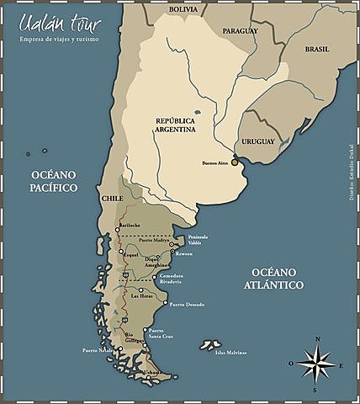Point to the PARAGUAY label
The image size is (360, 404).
[241, 30]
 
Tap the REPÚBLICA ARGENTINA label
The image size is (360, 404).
[176, 125]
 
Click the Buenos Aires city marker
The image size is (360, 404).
[235, 162]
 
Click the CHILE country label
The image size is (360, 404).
[113, 198]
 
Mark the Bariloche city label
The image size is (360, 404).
[130, 226]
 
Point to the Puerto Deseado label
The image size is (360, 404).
[188, 304]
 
